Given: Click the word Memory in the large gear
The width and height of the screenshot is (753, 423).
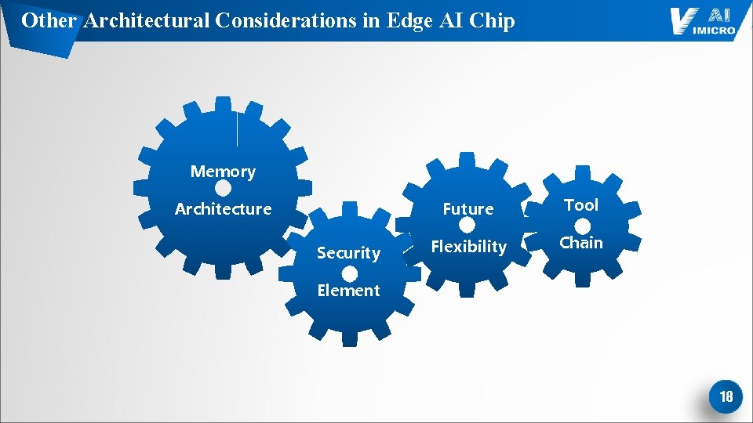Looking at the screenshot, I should click(x=223, y=172).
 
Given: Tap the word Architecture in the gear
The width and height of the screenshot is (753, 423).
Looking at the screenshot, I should click(x=223, y=209).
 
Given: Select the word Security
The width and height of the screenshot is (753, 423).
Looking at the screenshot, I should click(x=348, y=253).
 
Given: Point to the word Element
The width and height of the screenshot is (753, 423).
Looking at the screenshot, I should click(x=348, y=291).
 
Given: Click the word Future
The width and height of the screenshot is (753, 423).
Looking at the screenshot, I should click(x=468, y=209).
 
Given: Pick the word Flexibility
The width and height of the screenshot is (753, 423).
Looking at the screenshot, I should click(x=468, y=247).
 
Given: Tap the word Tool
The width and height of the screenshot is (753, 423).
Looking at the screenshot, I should click(x=581, y=205).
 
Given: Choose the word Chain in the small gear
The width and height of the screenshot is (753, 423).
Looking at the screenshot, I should click(x=581, y=243).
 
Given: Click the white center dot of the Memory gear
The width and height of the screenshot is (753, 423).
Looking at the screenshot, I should click(x=223, y=190).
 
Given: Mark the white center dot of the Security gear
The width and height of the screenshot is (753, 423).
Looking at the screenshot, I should click(x=350, y=273).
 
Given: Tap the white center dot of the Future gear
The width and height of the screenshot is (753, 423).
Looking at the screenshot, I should click(x=467, y=226).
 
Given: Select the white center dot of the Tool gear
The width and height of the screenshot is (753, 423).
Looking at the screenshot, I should click(x=583, y=226).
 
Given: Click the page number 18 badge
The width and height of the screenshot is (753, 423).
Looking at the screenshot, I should click(x=726, y=397).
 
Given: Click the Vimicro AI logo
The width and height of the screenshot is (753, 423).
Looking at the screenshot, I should click(x=702, y=21).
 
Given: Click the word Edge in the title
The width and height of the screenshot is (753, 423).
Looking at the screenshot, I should click(x=409, y=20).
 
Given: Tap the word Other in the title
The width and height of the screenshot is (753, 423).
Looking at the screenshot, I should click(x=49, y=20).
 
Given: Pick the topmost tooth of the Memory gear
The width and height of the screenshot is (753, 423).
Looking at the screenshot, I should click(x=224, y=104).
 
